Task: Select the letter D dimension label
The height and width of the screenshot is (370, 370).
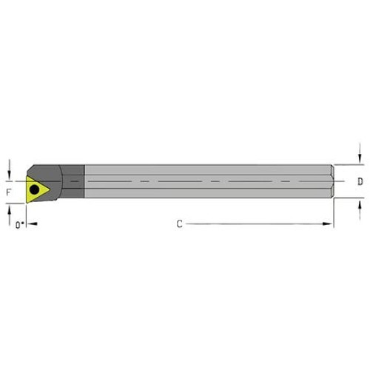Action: point(360,181)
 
